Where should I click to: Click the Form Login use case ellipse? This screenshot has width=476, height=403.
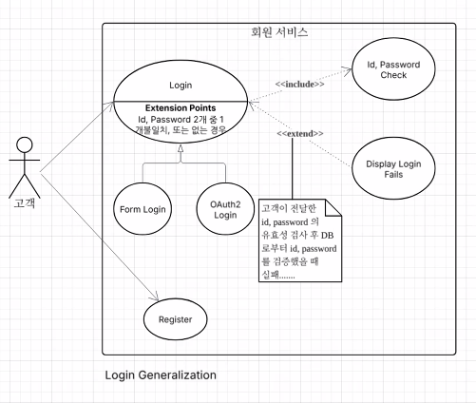[143, 209]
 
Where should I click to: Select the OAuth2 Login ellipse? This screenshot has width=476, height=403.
[225, 209]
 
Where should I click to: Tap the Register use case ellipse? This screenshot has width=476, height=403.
[176, 319]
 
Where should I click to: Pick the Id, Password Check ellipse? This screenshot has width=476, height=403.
[393, 69]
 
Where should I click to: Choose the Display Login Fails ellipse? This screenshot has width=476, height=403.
[393, 168]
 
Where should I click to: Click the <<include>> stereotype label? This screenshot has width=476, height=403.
[299, 85]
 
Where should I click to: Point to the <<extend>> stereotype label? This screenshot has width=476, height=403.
[300, 134]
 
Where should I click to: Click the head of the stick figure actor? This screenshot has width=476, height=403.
[25, 145]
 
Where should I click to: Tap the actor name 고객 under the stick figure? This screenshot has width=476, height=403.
[25, 202]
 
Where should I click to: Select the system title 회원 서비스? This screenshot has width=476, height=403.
[279, 32]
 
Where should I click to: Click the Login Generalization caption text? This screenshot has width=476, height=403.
[161, 375]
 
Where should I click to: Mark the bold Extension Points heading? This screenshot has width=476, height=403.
[181, 108]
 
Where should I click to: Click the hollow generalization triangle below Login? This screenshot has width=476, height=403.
[181, 149]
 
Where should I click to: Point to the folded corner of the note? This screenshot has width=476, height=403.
[333, 207]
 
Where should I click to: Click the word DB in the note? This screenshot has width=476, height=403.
[327, 236]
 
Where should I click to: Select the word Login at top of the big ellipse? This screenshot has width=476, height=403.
[181, 86]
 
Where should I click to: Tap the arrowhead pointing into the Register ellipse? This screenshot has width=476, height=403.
[155, 297]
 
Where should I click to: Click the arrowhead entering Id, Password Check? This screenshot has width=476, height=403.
[348, 69]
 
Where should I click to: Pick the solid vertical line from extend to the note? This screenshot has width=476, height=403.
[292, 168]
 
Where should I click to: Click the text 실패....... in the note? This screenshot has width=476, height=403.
[278, 275]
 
